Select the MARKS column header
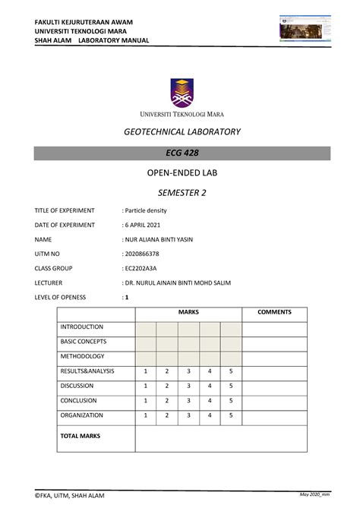click(188, 313)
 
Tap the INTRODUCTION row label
click(81, 327)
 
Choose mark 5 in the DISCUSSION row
click(231, 386)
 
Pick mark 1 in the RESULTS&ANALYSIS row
click(145, 371)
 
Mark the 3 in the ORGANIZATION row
click(188, 415)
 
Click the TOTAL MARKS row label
click(81, 437)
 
